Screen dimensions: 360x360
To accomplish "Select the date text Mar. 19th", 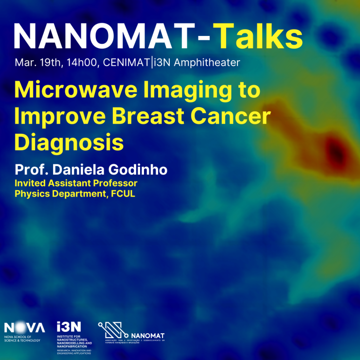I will (34, 63).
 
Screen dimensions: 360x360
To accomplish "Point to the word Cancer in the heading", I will (234, 117).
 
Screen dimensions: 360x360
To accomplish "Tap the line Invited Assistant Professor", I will (76, 183).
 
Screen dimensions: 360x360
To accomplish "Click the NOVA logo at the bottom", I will (24, 327).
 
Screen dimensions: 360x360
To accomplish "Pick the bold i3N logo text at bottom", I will (69, 326).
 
